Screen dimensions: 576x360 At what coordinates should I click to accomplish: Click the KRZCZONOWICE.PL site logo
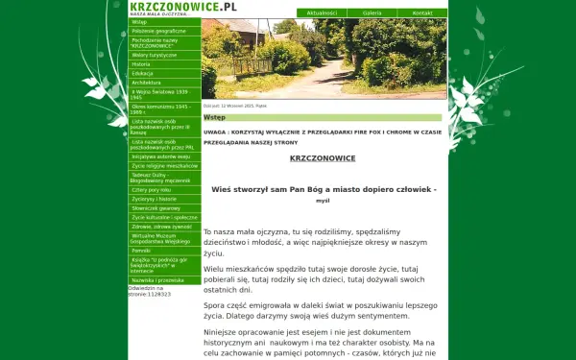[x=182, y=6]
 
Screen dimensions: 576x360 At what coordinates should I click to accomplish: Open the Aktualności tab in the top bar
[x=323, y=13]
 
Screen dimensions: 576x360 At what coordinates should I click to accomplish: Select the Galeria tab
[x=372, y=13]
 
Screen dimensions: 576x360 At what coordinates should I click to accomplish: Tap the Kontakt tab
[x=422, y=13]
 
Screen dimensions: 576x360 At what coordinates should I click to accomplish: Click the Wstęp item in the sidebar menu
[x=140, y=21]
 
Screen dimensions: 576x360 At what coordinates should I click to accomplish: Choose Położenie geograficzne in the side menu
[x=158, y=31]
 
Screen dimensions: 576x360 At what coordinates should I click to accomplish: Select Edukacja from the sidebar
[x=143, y=73]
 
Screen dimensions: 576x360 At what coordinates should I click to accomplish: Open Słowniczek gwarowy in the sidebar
[x=156, y=206]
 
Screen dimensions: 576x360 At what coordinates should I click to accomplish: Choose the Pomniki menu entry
[x=142, y=249]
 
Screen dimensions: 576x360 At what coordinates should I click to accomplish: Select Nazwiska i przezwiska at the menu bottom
[x=157, y=279]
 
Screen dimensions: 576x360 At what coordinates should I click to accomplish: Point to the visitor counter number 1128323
[x=157, y=294]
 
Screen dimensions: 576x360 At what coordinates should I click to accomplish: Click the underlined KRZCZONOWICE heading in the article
[x=323, y=157]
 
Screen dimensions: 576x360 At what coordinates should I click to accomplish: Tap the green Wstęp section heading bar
[x=324, y=118]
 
